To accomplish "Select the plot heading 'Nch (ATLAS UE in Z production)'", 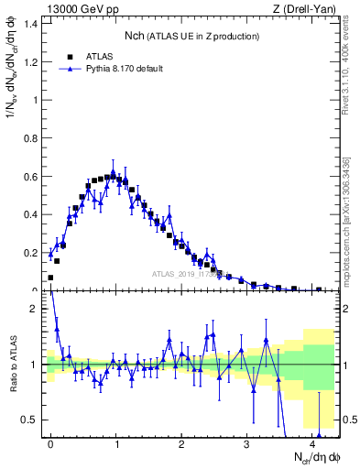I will click(x=191, y=36).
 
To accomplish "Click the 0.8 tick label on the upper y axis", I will click(x=31, y=138).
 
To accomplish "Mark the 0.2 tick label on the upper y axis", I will click(x=31, y=253).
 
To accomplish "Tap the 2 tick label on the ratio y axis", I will click(x=36, y=309).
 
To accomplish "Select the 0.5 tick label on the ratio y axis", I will click(x=31, y=420).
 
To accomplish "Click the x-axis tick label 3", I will click(x=246, y=442).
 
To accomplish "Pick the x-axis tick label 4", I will click(x=312, y=442).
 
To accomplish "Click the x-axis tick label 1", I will click(x=116, y=442).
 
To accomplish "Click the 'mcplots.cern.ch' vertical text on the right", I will click(x=352, y=247).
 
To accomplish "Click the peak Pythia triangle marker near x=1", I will click(x=114, y=172).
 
